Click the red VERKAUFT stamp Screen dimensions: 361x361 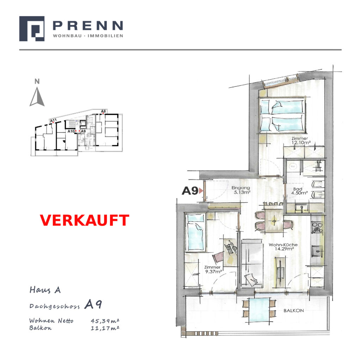pyautogui.click(x=85, y=220)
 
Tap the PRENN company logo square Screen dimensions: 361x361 pyautogui.click(x=32, y=29)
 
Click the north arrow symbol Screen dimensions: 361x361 pyautogui.click(x=37, y=97)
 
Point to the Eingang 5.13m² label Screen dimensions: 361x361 pyautogui.click(x=241, y=190)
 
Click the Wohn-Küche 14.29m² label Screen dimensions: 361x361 pyautogui.click(x=283, y=246)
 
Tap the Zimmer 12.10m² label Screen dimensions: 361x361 pyautogui.click(x=300, y=140)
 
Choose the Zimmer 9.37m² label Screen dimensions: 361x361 pyautogui.click(x=213, y=269)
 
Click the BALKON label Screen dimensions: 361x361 pyautogui.click(x=294, y=311)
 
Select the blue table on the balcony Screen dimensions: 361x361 pyautogui.click(x=259, y=310)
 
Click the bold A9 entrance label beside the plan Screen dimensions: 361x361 pyautogui.click(x=190, y=191)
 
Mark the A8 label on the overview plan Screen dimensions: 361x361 pyautogui.click(x=103, y=111)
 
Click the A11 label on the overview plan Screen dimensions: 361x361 pyautogui.click(x=53, y=121)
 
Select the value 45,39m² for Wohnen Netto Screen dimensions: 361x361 pyautogui.click(x=105, y=321)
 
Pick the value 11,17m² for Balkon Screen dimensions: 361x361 pyautogui.click(x=105, y=328)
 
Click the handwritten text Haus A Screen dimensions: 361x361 pyautogui.click(x=45, y=290)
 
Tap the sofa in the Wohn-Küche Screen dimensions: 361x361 pyautogui.click(x=252, y=263)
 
